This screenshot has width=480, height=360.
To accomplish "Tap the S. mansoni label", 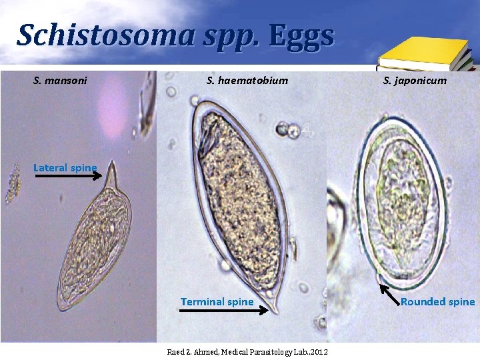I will click(60, 81).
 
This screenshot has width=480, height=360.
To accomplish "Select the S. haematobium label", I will click(247, 81).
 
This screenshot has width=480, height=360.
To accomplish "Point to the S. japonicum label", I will click(415, 81).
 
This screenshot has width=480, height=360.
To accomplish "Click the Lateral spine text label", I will click(65, 168).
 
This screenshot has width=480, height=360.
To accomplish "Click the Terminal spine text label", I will click(217, 302).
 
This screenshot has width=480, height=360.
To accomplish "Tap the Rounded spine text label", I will click(438, 302).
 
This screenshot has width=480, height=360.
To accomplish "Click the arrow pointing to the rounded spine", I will click(389, 294).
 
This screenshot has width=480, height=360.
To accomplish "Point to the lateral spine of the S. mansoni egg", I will click(113, 175).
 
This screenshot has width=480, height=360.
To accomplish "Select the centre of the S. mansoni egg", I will click(93, 247).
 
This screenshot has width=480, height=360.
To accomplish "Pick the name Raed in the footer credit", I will click(174, 351).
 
